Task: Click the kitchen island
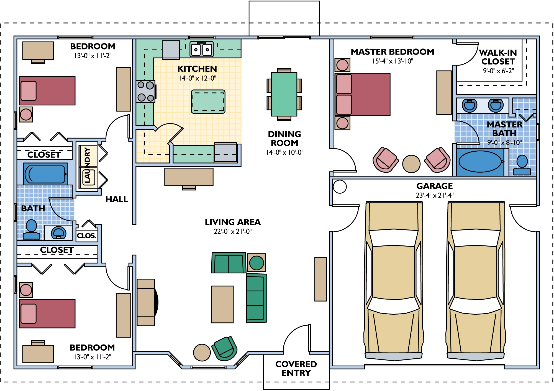pyautogui.click(x=208, y=102)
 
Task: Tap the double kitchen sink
pyautogui.click(x=202, y=49)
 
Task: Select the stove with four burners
pyautogui.click(x=146, y=91)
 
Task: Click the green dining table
pyautogui.click(x=284, y=94)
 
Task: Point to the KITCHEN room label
pyautogui.click(x=197, y=69)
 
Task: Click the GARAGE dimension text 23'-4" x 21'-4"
pyautogui.click(x=435, y=195)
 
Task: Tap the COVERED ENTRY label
pyautogui.click(x=296, y=368)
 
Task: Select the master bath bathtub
pyautogui.click(x=480, y=162)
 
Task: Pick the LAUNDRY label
pyautogui.click(x=87, y=165)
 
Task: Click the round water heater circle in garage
pyautogui.click(x=340, y=187)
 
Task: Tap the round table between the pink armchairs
pyautogui.click(x=411, y=164)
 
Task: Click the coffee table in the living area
pyautogui.click(x=222, y=304)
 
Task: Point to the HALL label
pyautogui.click(x=117, y=199)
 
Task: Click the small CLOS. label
pyautogui.click(x=87, y=236)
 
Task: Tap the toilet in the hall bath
pyautogui.click(x=31, y=229)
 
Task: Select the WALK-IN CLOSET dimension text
pyautogui.click(x=498, y=71)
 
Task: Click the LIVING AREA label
pyautogui.click(x=233, y=222)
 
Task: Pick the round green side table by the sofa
pyautogui.click(x=257, y=263)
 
